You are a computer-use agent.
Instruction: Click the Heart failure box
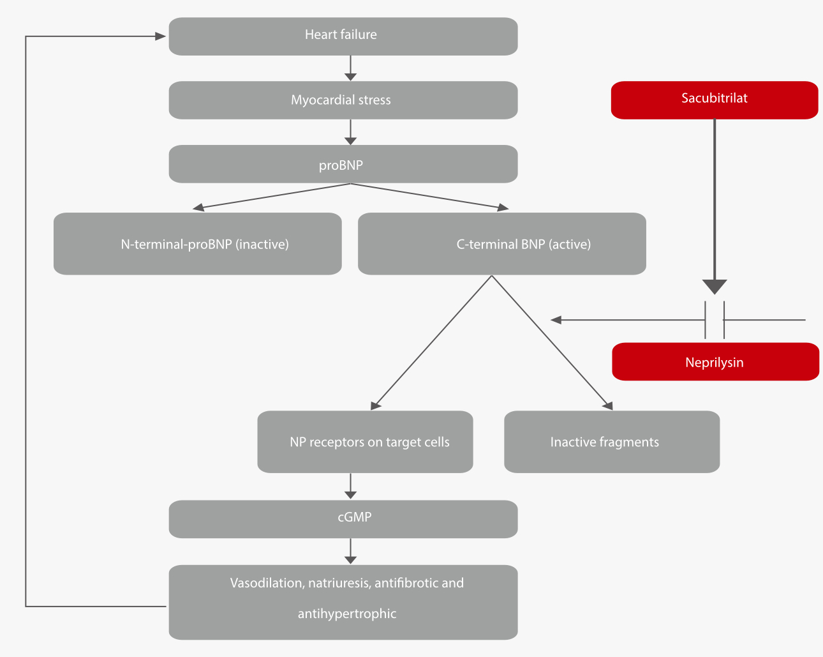click(x=343, y=36)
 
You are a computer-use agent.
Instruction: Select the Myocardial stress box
click(x=343, y=100)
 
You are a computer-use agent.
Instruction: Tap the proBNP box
click(x=343, y=165)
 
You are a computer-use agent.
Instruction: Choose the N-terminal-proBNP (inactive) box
click(x=198, y=244)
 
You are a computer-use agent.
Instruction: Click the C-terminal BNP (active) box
click(x=502, y=244)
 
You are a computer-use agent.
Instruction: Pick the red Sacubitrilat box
click(x=715, y=100)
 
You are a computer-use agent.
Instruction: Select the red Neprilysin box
click(x=715, y=362)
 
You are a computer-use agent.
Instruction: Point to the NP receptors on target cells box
click(x=365, y=442)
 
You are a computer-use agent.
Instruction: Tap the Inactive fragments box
click(x=612, y=442)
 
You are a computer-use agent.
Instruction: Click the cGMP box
click(x=343, y=518)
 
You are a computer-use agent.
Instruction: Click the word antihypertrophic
click(x=347, y=614)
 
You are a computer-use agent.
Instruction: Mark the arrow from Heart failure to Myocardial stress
click(x=350, y=68)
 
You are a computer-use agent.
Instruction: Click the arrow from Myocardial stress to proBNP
click(x=350, y=132)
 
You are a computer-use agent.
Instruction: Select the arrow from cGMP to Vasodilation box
click(x=350, y=552)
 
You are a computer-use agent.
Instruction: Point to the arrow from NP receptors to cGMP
click(x=350, y=487)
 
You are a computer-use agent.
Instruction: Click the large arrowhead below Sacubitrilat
click(x=715, y=286)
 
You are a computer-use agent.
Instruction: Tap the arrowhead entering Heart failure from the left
click(x=160, y=36)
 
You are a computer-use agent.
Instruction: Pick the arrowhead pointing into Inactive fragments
click(x=607, y=405)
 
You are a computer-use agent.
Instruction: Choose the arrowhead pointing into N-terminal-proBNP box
click(x=199, y=207)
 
